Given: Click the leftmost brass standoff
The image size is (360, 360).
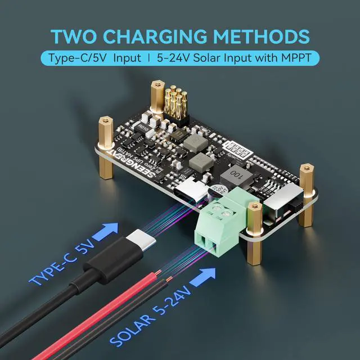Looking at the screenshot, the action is pos(104,134).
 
